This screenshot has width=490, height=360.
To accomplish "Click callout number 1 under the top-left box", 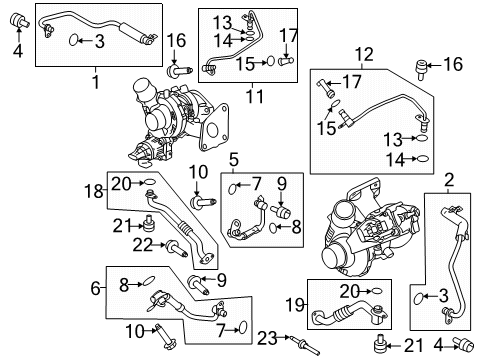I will pyautogui.click(x=96, y=78).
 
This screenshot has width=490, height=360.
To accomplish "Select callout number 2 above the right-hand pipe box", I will pyautogui.click(x=449, y=180).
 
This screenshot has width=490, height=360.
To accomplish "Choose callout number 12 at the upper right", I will pyautogui.click(x=362, y=53).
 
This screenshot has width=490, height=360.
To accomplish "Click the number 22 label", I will pyautogui.click(x=144, y=246).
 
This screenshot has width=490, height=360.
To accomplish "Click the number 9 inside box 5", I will pyautogui.click(x=281, y=183).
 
